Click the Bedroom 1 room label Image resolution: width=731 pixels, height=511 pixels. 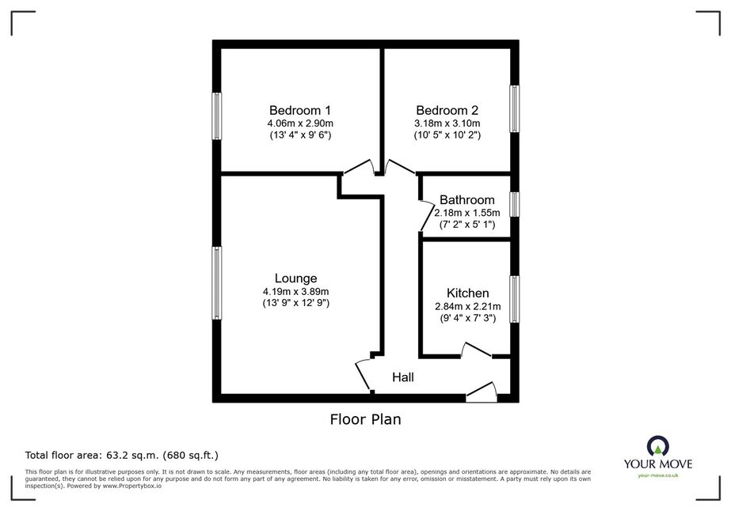pos(300,111)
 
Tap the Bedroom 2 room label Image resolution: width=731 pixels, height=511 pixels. pos(447,111)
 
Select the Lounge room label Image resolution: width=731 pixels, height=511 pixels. pos(295,278)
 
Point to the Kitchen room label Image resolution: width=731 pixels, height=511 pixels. pos(467,293)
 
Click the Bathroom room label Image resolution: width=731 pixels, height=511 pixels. pos(467,200)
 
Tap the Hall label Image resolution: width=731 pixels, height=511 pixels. pos(403,377)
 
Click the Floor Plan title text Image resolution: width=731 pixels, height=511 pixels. pos(366,419)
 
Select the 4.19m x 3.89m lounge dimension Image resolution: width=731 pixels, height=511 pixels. pos(295,292)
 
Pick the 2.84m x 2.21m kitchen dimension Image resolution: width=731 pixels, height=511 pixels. pos(467,306)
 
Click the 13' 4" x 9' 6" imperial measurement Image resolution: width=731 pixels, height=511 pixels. pos(300,135)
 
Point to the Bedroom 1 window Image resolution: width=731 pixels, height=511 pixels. pos(217,116)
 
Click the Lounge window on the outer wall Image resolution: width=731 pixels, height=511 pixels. pos(217,282)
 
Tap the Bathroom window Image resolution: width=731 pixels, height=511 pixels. pos(514,204)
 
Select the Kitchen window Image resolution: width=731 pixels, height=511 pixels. pos(514,299)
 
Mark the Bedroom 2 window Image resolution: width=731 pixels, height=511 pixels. pos(514,108)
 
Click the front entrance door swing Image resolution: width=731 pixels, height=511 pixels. pos(482,392)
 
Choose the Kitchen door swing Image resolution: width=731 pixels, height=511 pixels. pos(477,350)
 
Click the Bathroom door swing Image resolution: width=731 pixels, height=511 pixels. pos(425,216)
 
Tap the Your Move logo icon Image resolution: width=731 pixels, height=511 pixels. pos(658,447)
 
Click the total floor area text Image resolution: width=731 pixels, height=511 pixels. pos(122,455)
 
